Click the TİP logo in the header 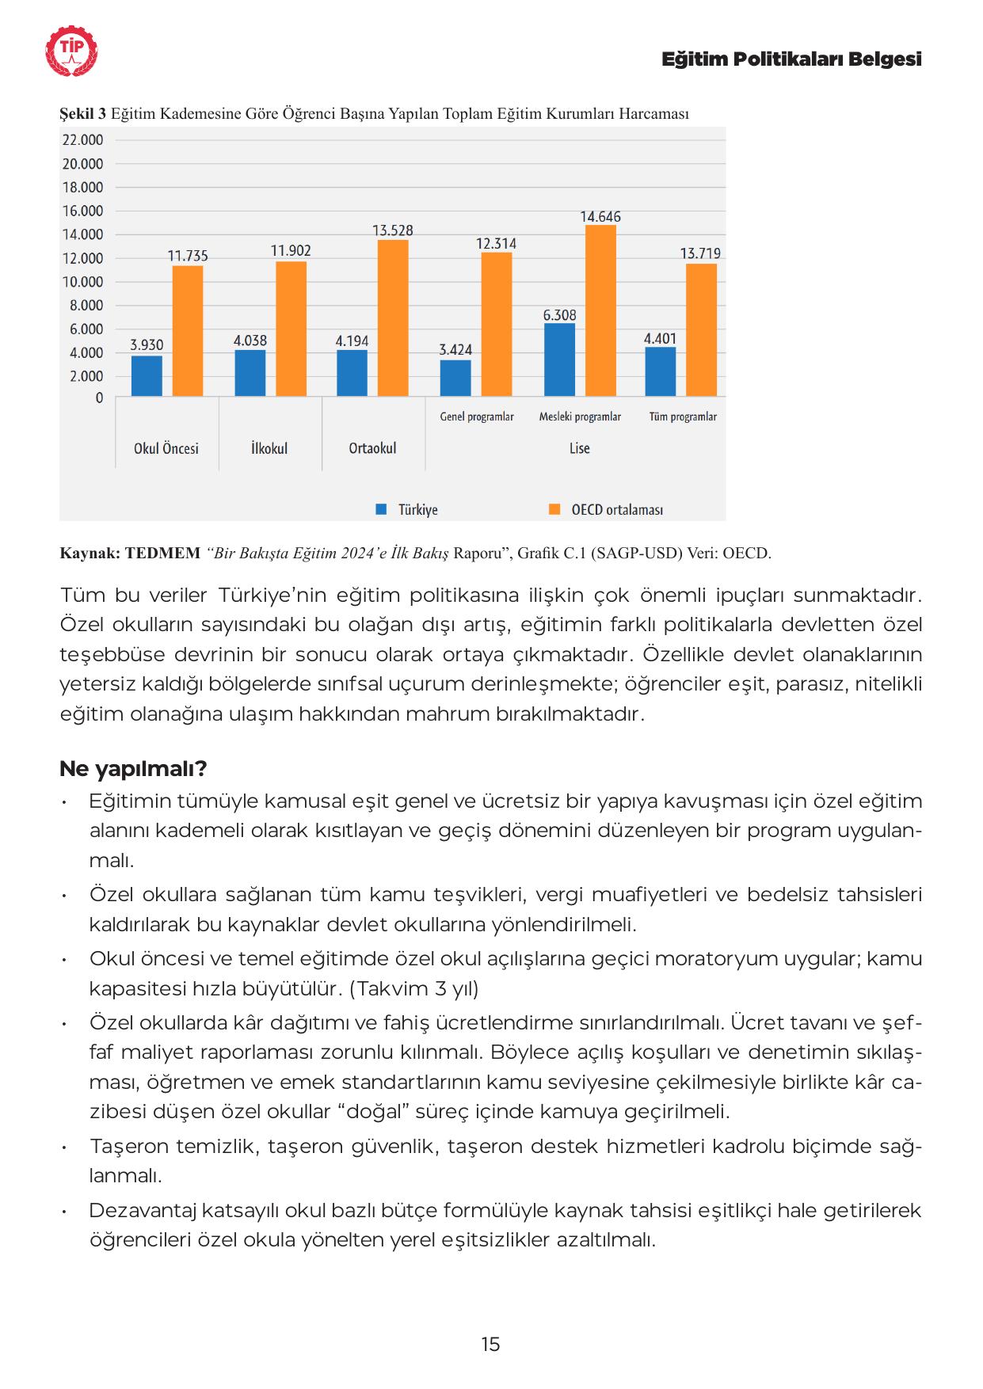72,51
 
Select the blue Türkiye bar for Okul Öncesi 147,375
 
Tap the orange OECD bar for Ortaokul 393,318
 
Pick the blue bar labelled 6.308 559,360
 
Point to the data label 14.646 600,217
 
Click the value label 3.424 455,349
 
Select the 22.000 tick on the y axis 82,140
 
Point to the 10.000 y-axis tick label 82,282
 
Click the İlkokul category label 269,448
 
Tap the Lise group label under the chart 580,448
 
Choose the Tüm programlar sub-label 683,417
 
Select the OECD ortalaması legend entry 616,510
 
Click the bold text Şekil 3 82,114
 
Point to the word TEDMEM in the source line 162,553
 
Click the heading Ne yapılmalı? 133,769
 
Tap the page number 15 490,1344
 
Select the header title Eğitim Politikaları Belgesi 791,59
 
